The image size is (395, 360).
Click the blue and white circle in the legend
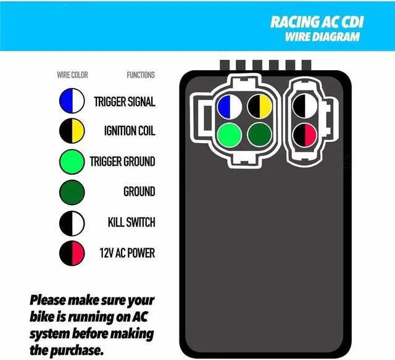coord(72,101)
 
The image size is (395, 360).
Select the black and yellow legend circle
coord(72,131)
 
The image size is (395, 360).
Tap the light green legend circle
coord(72,162)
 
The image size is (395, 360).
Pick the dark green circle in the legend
coord(72,192)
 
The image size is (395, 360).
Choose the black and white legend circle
coord(72,223)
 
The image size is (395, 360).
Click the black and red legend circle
coord(72,253)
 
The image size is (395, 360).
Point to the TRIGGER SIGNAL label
coord(124,101)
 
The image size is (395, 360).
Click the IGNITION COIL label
coord(130,131)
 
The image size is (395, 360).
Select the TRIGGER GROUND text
coord(122,162)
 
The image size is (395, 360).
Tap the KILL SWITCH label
coord(131,223)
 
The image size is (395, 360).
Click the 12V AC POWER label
coord(127,253)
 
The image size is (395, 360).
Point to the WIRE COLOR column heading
coord(72,75)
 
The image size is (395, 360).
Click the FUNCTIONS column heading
coord(141,75)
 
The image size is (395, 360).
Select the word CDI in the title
coord(353,23)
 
